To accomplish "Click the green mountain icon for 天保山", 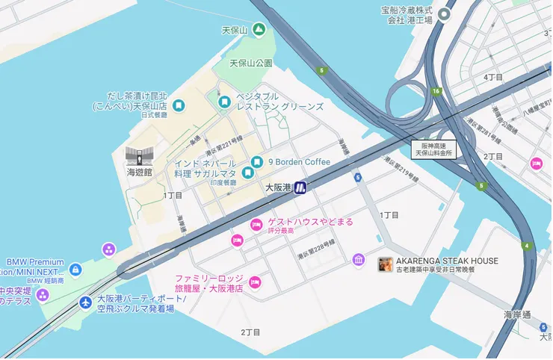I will pyautogui.click(x=258, y=30).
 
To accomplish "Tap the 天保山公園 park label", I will pyautogui.click(x=251, y=63).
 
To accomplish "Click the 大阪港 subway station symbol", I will pyautogui.click(x=301, y=188).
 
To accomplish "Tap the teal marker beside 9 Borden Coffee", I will pyautogui.click(x=257, y=162).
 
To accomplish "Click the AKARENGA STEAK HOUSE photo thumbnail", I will pyautogui.click(x=386, y=264).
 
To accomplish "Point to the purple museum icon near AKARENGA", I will pyautogui.click(x=359, y=259).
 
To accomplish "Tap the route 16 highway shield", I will pyautogui.click(x=436, y=91).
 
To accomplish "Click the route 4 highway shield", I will pyautogui.click(x=527, y=246).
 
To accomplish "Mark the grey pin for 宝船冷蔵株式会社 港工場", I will pyautogui.click(x=446, y=14).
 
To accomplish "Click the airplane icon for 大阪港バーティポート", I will pyautogui.click(x=85, y=302).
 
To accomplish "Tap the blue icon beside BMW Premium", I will pyautogui.click(x=75, y=269).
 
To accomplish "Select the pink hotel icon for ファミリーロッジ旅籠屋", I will pyautogui.click(x=254, y=282).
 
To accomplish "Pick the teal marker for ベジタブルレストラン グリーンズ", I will pyautogui.click(x=223, y=102).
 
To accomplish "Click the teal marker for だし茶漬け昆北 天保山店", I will pyautogui.click(x=179, y=105).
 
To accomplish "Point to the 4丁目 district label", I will pyautogui.click(x=493, y=77).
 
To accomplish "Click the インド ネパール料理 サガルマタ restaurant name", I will pyautogui.click(x=206, y=167).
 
